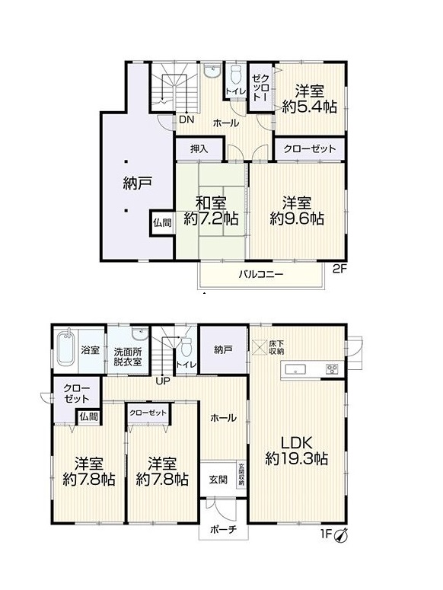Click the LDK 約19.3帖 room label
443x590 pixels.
point(296,450)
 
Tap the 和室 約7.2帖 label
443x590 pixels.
point(211,211)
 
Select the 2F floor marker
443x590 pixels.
point(339,269)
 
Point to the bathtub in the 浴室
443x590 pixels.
point(66,348)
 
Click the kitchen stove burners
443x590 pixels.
point(332,368)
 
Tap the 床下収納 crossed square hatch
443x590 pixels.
point(259,346)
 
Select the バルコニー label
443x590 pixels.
point(260,274)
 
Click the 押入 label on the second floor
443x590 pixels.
point(199,149)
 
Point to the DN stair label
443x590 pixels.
point(186,120)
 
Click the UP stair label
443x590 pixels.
point(163,381)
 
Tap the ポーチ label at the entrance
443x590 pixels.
point(223,529)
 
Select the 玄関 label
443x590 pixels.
point(218,480)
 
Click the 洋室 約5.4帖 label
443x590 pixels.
point(310,99)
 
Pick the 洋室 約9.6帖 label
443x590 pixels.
point(297,211)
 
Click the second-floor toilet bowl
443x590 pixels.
point(235,75)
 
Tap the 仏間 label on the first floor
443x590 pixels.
point(89,416)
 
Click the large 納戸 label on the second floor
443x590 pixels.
point(137,183)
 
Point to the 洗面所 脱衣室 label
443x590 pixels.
point(128,357)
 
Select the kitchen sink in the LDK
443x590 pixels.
point(297,369)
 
